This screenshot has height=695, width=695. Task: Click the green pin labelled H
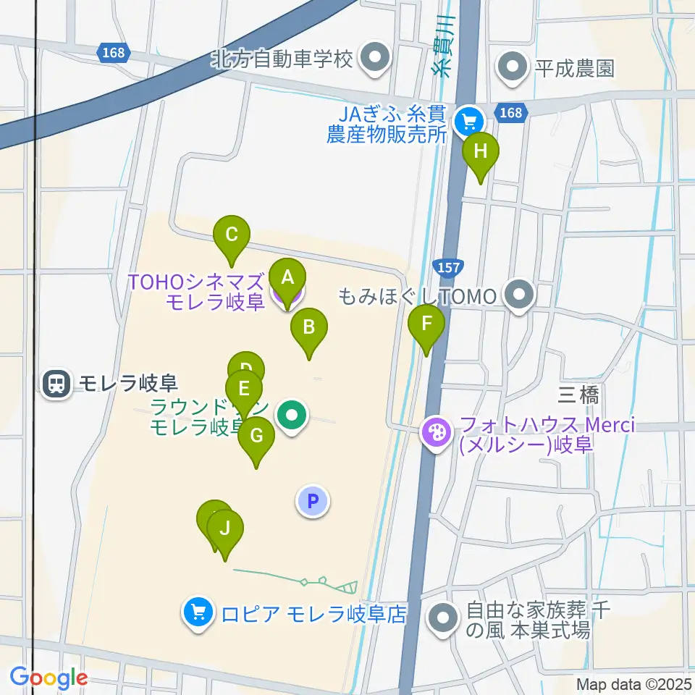(x=480, y=152)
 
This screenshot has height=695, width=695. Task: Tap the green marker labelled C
(x=232, y=235)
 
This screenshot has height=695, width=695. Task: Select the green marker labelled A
(x=287, y=277)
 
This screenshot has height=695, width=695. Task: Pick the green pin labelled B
(x=309, y=327)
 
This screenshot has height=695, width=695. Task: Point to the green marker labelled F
(x=427, y=324)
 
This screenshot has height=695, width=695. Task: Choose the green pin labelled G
(x=256, y=436)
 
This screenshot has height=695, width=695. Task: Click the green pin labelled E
(x=244, y=387)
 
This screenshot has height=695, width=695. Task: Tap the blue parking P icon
(x=313, y=500)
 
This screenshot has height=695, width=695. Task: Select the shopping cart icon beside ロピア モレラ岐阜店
(x=198, y=614)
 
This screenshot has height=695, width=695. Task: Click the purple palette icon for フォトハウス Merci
(x=437, y=434)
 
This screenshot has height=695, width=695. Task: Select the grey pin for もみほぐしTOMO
(x=519, y=295)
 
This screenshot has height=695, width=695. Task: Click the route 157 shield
(x=448, y=267)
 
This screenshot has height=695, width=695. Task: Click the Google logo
(x=49, y=678)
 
